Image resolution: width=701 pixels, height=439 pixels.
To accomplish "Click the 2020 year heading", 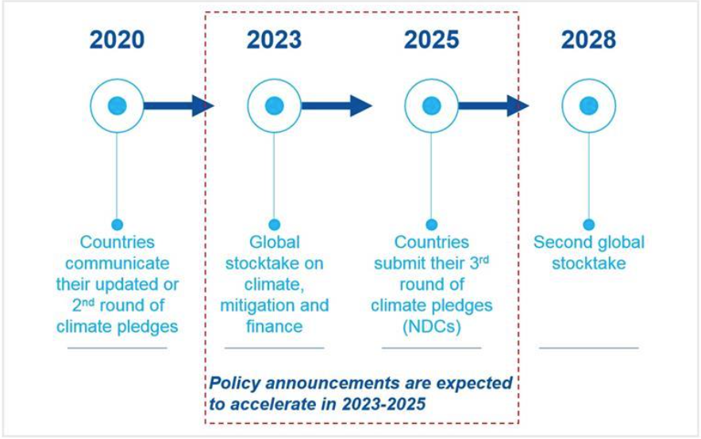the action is click(x=117, y=40).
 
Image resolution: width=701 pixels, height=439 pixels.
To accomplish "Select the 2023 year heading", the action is click(x=274, y=40).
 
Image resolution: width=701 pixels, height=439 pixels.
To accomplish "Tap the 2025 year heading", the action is click(x=431, y=40).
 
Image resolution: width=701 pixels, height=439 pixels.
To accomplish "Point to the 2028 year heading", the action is click(x=588, y=40).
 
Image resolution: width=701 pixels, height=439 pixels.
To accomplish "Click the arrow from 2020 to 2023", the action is click(x=179, y=106).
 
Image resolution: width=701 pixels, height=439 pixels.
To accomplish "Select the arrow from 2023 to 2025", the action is click(x=337, y=106).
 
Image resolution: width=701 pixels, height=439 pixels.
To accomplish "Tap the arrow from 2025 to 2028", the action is click(x=494, y=106).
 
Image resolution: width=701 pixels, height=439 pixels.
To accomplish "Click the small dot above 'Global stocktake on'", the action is click(x=275, y=225).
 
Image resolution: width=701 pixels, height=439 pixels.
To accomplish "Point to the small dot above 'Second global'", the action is click(x=589, y=225).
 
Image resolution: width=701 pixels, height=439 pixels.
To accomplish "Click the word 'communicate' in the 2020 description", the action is click(x=117, y=264).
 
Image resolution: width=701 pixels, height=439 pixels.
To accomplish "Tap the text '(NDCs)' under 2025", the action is click(x=431, y=327).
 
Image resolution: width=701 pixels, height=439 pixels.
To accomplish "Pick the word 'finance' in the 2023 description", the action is click(x=275, y=326).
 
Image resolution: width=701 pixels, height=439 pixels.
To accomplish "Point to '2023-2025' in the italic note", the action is click(x=383, y=404).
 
